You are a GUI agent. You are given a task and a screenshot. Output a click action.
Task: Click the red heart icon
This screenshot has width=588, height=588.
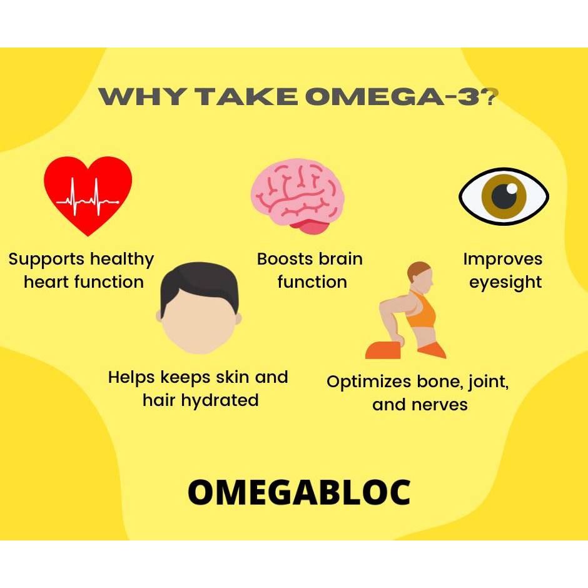pos(88,196)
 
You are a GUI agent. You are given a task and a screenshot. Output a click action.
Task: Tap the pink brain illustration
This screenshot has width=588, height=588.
pos(297,196)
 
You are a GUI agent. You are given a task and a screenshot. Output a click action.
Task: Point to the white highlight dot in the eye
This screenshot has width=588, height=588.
pos(512,189)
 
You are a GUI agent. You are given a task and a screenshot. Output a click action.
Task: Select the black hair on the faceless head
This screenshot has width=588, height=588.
pos(200,282)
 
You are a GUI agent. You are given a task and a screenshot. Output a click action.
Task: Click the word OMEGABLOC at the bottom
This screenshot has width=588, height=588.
pos(299,492)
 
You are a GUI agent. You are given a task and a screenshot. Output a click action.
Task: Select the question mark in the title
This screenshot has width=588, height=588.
pos(490,96)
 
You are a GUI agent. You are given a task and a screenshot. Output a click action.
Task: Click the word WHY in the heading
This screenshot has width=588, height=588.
pos(143,96)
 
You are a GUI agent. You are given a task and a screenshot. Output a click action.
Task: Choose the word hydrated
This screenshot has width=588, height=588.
pos(220,401)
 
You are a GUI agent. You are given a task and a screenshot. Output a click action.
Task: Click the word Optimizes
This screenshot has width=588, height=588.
pos(369,382)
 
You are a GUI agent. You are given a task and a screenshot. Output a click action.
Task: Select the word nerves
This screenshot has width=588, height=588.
pos(440,405)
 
